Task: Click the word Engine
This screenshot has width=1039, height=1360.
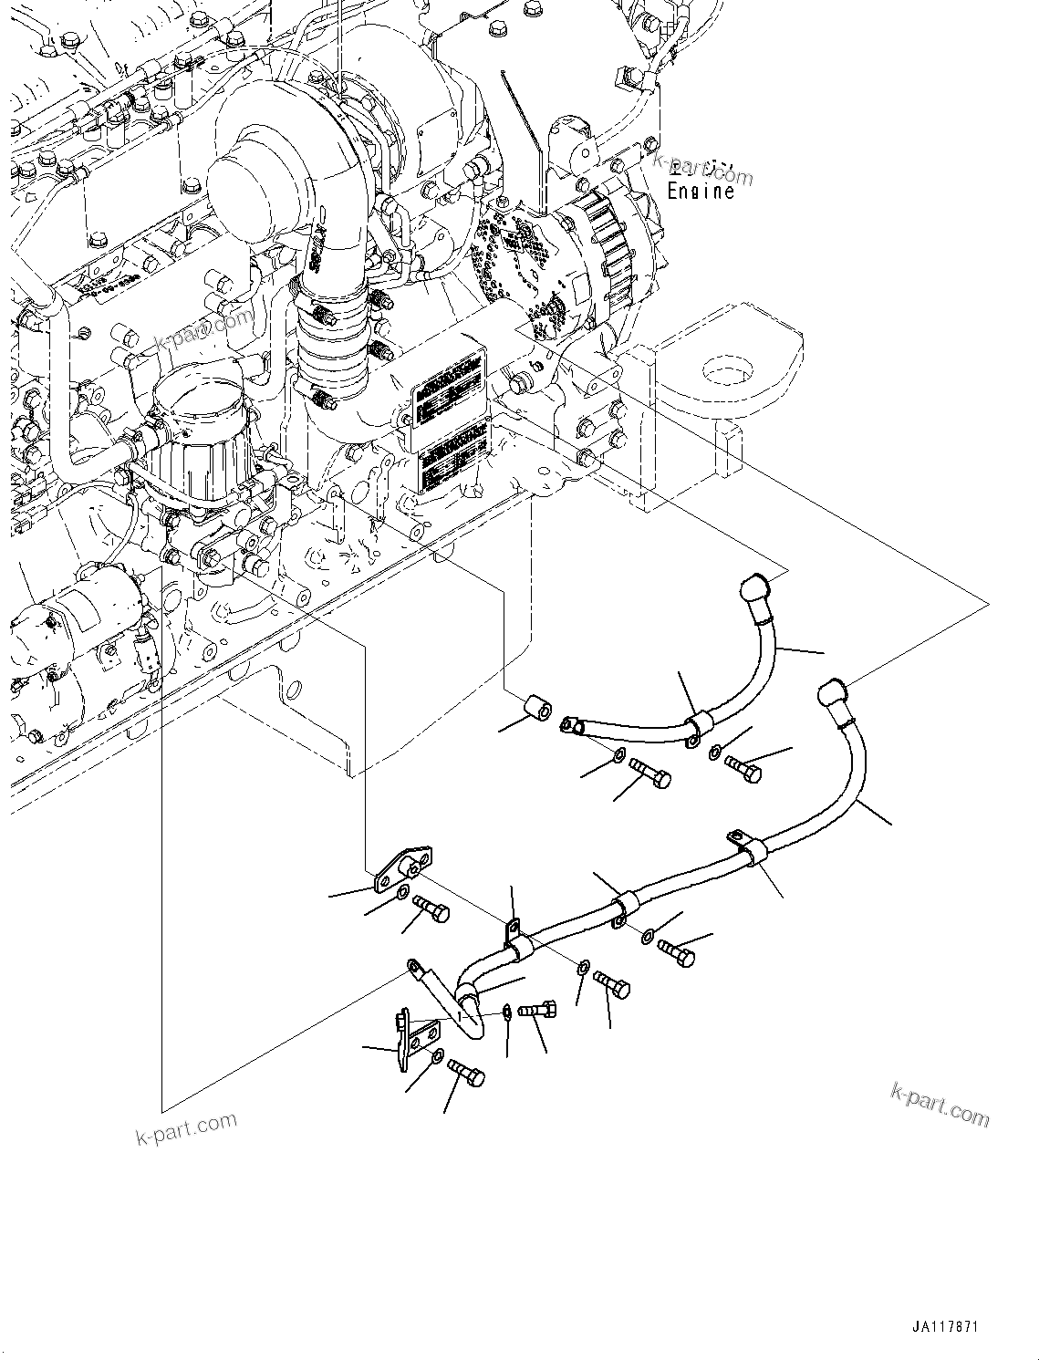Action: click(x=701, y=192)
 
